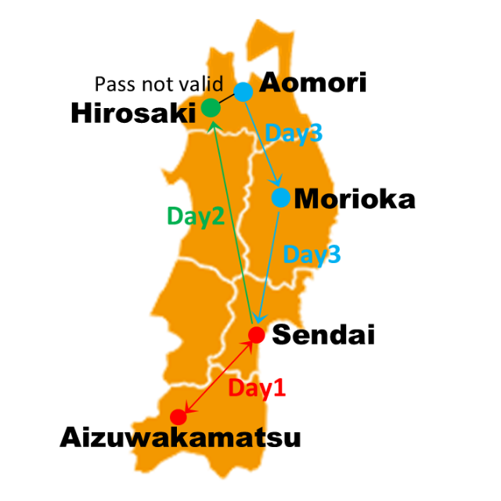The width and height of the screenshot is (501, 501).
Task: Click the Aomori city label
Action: (312, 83)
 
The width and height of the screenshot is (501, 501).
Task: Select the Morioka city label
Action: (354, 199)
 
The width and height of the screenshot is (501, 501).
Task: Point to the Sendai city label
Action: (323, 335)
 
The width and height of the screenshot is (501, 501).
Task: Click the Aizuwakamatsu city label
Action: (180, 437)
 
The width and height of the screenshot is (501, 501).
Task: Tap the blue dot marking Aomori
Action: (243, 92)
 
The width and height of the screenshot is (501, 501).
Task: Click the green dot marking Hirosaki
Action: (211, 107)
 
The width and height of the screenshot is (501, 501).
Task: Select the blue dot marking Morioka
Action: (280, 197)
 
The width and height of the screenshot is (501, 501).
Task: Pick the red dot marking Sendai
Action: (256, 335)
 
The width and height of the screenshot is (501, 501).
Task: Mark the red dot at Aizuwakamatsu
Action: (179, 416)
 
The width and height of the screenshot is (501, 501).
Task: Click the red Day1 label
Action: (256, 388)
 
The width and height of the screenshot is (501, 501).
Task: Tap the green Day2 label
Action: (196, 217)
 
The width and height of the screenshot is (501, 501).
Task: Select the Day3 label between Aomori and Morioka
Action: (293, 132)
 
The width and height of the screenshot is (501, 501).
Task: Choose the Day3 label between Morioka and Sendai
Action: (311, 254)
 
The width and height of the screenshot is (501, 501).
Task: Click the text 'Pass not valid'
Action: (159, 83)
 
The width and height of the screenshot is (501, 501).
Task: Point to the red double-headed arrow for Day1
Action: (218, 376)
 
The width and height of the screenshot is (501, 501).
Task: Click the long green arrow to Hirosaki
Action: (231, 219)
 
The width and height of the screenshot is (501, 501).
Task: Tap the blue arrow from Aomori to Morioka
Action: (262, 146)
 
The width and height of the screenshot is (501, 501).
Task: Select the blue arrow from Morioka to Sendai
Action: (269, 266)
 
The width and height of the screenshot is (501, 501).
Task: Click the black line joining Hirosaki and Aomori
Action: (227, 99)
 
